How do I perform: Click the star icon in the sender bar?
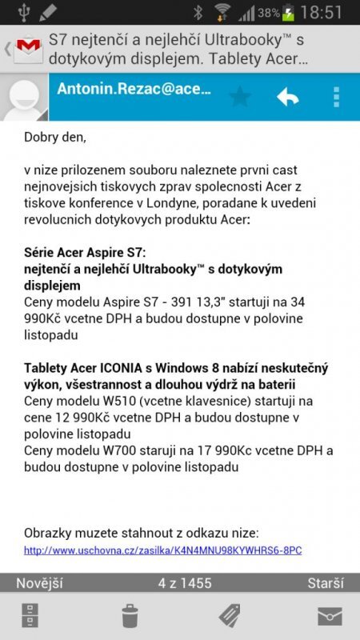(x=239, y=98)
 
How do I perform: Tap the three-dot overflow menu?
(x=336, y=98)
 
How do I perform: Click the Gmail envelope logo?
(x=30, y=50)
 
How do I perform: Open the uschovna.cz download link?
(x=162, y=550)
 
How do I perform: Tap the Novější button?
(x=40, y=583)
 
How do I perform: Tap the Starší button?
(x=326, y=583)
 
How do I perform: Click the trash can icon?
(x=130, y=616)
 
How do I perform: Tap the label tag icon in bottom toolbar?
(x=230, y=616)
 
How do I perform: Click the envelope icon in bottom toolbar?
(x=330, y=616)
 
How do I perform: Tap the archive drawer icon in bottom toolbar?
(x=30, y=616)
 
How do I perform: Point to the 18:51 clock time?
(x=322, y=13)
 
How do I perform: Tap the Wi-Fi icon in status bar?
(x=222, y=13)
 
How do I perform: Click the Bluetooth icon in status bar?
(x=198, y=13)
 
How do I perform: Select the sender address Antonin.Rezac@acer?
(x=134, y=90)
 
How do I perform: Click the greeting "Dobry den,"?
(x=54, y=137)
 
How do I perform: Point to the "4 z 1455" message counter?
(x=185, y=583)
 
